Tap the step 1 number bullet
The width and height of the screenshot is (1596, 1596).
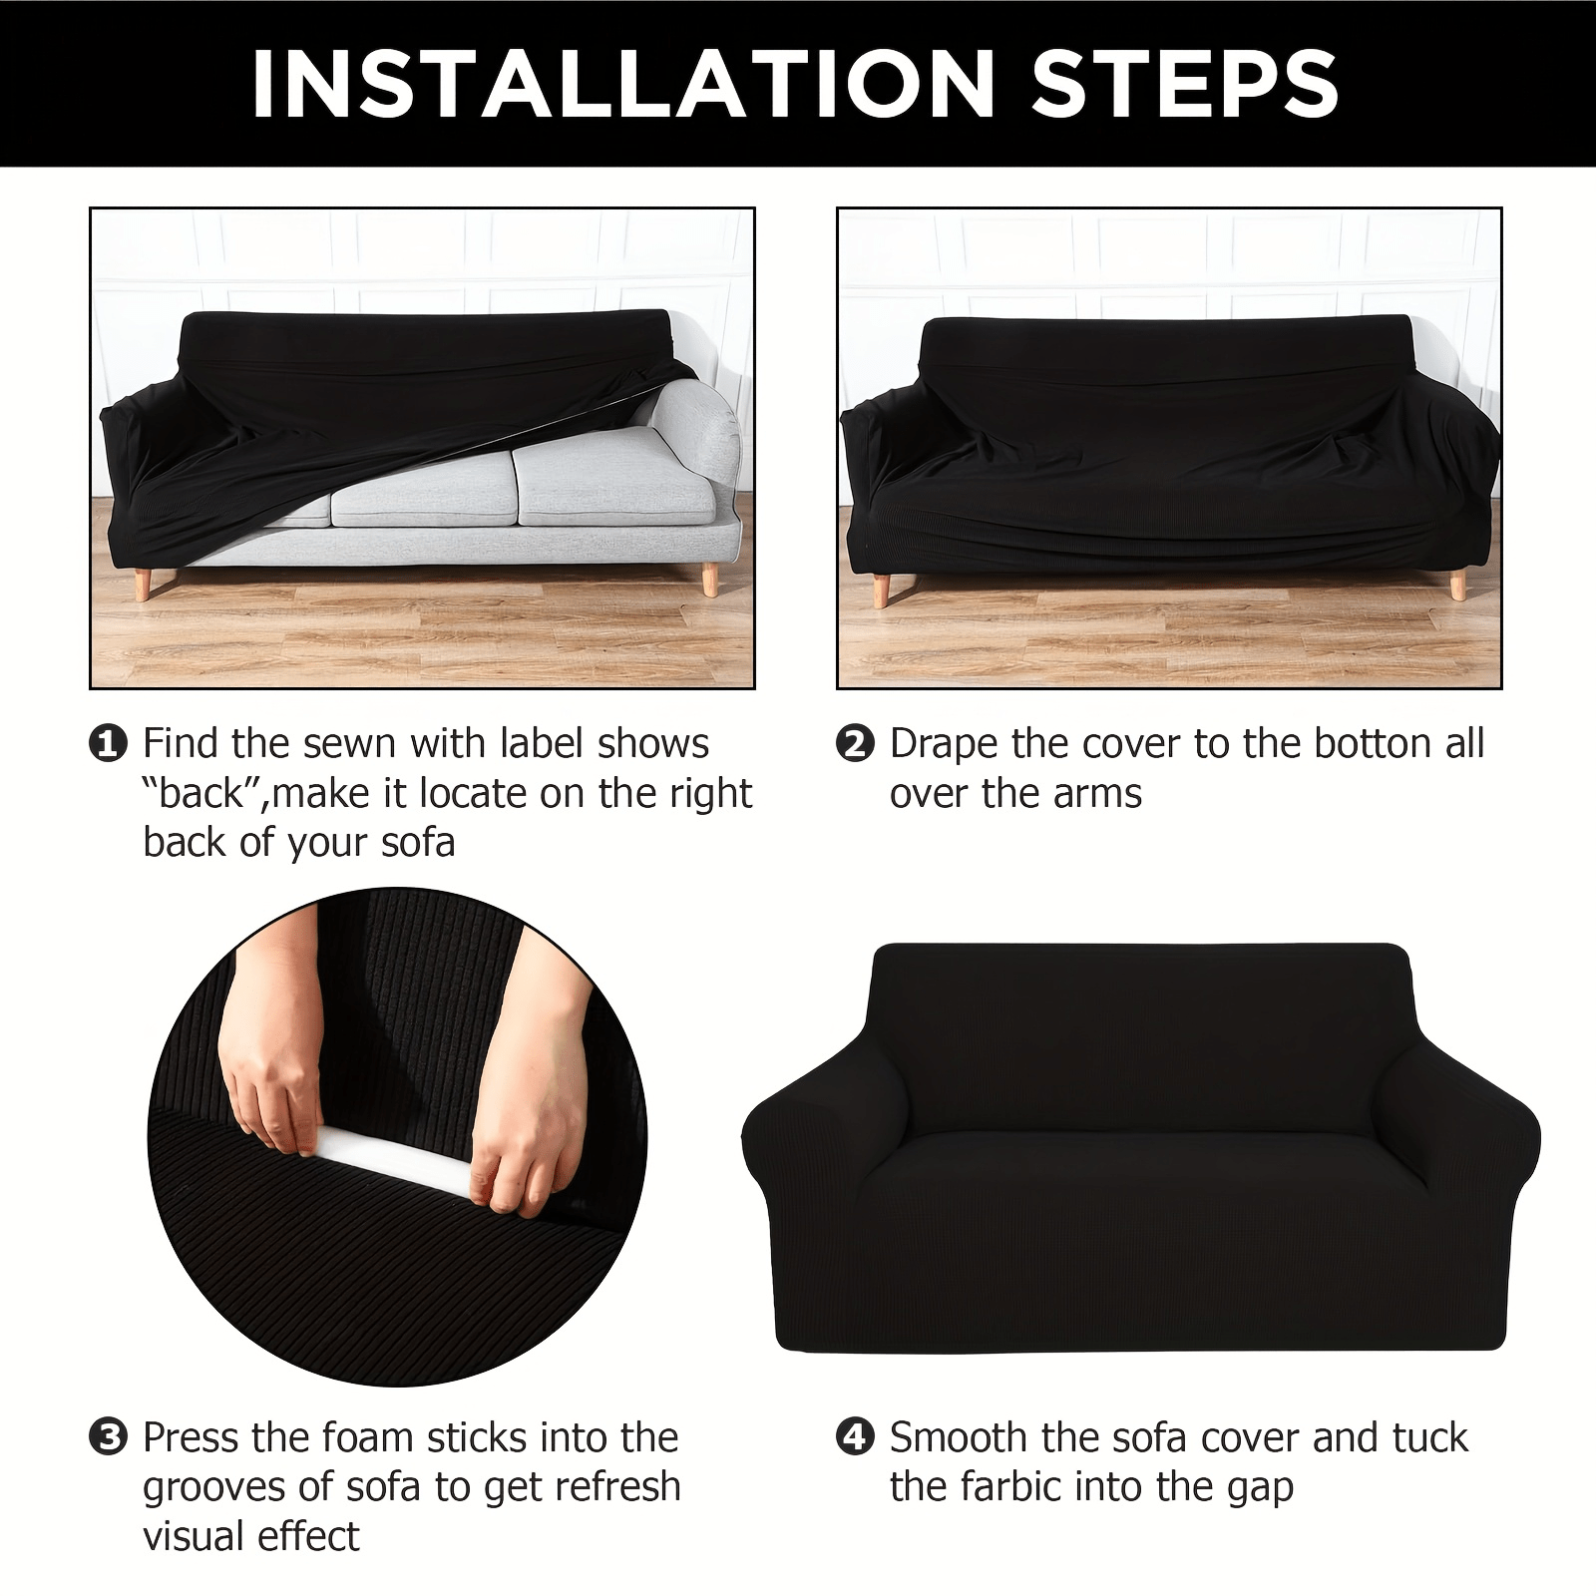[x=108, y=743]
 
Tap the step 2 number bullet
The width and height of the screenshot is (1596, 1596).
[x=855, y=743]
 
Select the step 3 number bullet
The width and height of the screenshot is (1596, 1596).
[x=108, y=1437]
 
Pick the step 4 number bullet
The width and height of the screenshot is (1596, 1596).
[x=855, y=1437]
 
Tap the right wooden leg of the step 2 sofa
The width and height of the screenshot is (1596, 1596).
[x=1457, y=584]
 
